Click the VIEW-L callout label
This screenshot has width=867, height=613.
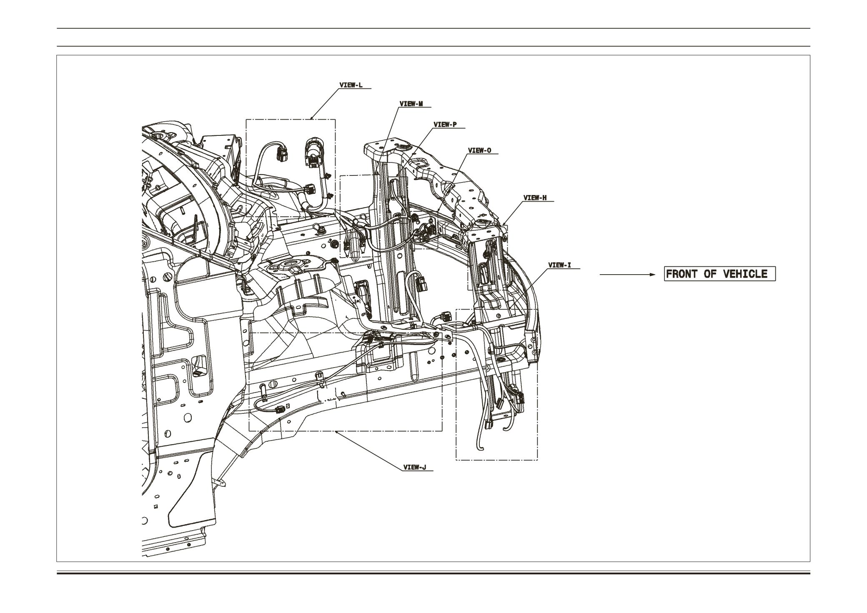click(351, 85)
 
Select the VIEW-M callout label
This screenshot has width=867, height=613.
click(411, 104)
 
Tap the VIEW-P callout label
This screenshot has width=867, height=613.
click(445, 125)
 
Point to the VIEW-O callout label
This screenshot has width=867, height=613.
click(480, 150)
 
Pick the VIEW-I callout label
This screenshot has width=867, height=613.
click(559, 265)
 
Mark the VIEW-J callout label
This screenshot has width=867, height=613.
click(415, 467)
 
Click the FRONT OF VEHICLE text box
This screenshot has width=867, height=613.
click(719, 274)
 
